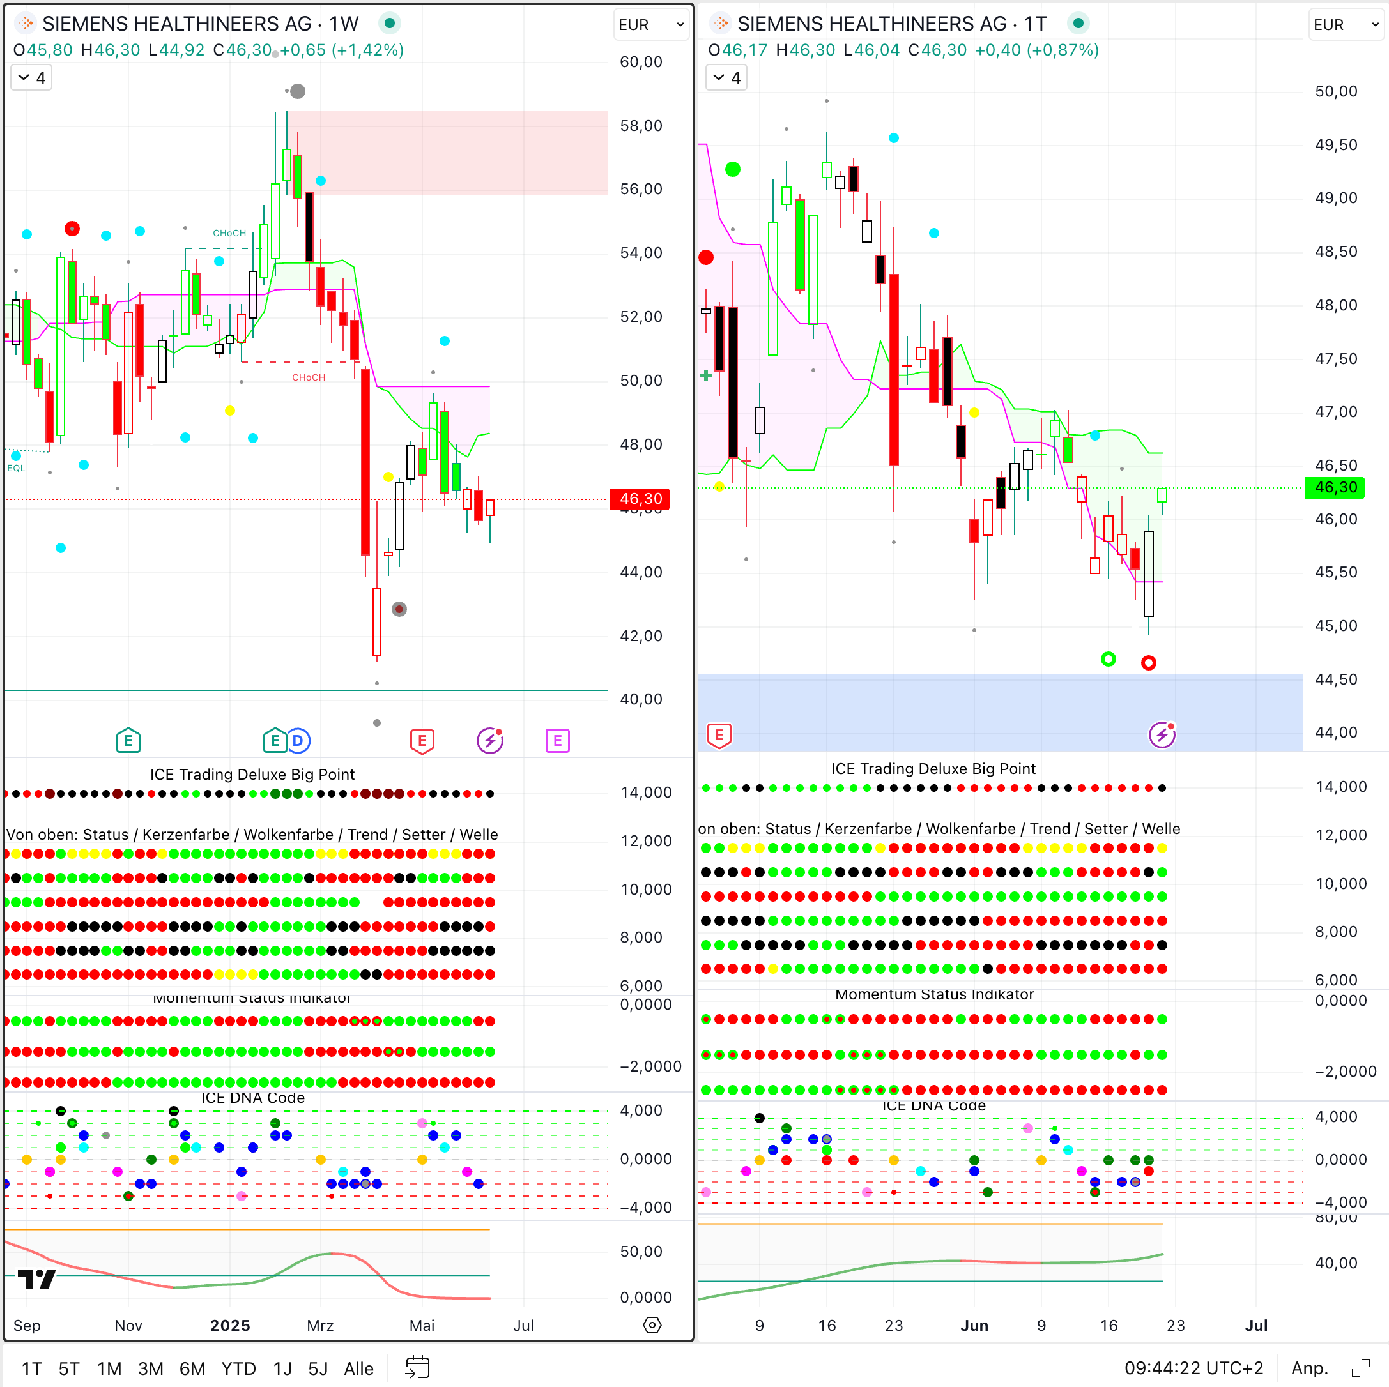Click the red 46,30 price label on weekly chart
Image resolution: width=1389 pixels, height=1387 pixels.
point(639,499)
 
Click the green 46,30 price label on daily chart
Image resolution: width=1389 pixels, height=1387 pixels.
point(1333,487)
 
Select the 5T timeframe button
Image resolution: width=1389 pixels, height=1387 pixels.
point(69,1368)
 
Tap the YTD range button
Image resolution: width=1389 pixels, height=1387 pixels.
point(238,1368)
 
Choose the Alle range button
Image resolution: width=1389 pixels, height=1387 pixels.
point(358,1368)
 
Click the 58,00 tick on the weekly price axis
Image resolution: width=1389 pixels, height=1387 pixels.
point(641,126)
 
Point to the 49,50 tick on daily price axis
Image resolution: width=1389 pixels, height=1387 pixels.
point(1335,145)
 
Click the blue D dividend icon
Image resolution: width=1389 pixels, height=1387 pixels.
point(298,740)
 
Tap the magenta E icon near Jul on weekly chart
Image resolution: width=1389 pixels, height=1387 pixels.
point(557,740)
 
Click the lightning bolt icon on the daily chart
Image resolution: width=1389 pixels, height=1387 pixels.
point(1161,734)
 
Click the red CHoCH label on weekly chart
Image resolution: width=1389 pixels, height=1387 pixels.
point(309,377)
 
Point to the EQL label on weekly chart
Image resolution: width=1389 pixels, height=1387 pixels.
point(16,468)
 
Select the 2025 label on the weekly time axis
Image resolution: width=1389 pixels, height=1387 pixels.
point(230,1325)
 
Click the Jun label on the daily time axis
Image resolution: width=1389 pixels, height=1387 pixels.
point(974,1325)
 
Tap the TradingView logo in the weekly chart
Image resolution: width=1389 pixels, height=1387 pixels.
point(36,1278)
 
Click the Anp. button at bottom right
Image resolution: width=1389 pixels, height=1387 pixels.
point(1308,1368)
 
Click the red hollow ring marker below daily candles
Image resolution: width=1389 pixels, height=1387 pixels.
point(1148,663)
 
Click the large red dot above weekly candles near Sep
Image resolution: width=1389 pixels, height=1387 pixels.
point(72,229)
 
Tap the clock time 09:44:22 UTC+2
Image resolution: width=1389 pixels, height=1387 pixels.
point(1193,1368)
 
